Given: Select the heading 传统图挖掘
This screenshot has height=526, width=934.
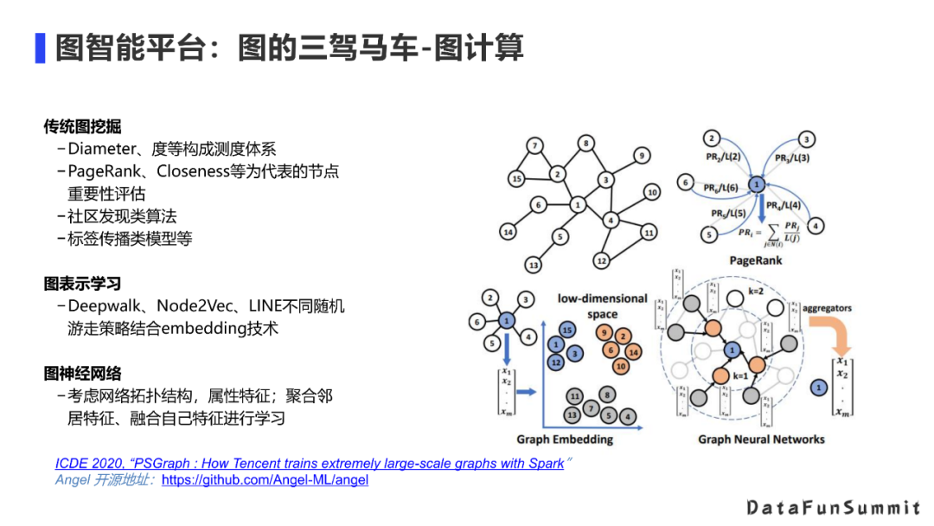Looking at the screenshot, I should (x=82, y=127).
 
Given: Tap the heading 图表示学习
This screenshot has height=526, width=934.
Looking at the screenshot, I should (x=82, y=283).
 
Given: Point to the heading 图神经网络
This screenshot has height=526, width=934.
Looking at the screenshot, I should (x=82, y=374).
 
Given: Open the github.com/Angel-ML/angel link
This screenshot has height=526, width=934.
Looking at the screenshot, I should (x=265, y=479).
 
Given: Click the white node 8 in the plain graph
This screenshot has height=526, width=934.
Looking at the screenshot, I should (x=585, y=144).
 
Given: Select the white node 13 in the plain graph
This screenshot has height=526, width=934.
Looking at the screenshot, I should (x=534, y=265).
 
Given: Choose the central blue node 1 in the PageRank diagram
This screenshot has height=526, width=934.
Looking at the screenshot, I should (x=756, y=184).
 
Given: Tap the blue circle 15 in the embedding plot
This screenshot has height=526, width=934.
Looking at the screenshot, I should (x=567, y=330).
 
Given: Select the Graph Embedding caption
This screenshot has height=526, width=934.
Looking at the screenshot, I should (x=565, y=439).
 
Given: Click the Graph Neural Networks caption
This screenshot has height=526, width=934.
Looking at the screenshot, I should (x=761, y=439).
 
